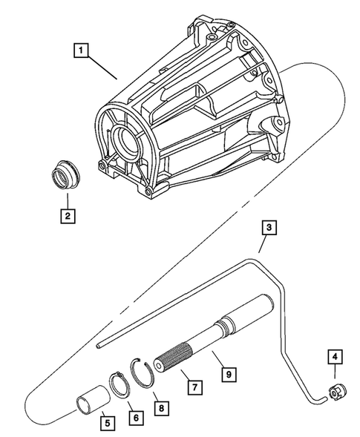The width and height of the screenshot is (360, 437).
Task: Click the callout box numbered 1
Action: pyautogui.click(x=81, y=51)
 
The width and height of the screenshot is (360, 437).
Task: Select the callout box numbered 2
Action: pyautogui.click(x=67, y=217)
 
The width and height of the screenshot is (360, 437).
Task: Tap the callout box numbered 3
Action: pyautogui.click(x=269, y=229)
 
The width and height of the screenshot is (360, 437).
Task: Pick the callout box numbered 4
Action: pyautogui.click(x=335, y=358)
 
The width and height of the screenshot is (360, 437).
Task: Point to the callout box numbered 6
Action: pyautogui.click(x=134, y=418)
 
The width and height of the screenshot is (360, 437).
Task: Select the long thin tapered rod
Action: pyautogui.click(x=171, y=325)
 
